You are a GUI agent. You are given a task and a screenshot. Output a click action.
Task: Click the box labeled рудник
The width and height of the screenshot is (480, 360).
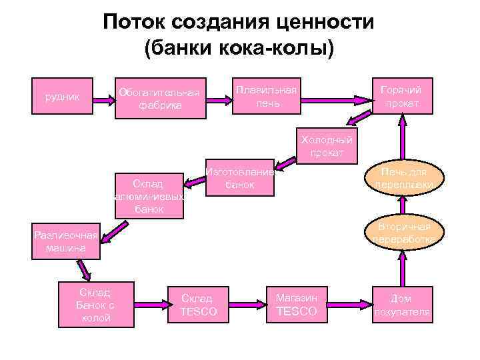click(61, 98)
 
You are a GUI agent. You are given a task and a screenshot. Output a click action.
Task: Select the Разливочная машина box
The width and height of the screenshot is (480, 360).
click(65, 241)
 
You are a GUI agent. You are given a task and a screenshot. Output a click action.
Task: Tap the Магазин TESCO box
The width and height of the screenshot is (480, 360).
click(297, 304)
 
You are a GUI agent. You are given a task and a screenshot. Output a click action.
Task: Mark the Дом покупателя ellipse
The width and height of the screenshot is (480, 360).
click(402, 305)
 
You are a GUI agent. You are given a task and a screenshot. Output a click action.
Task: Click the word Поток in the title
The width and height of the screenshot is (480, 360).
click(135, 23)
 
